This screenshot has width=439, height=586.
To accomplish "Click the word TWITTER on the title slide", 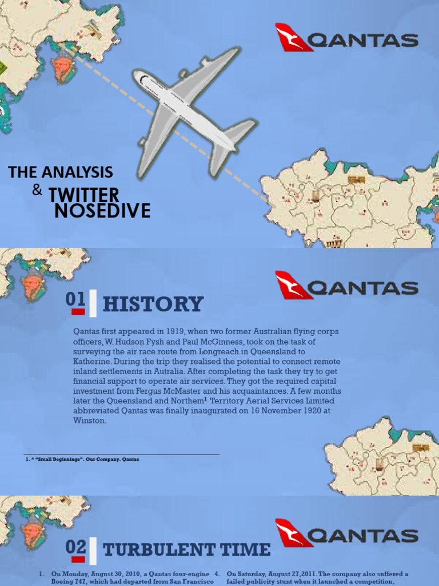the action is click(x=84, y=195).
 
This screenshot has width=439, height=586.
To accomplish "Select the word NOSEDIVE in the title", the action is click(x=102, y=211).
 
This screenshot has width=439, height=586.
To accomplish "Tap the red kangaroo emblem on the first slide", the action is click(x=294, y=38).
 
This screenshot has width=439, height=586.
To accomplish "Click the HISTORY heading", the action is click(x=153, y=304).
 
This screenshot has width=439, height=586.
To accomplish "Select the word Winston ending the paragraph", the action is click(x=90, y=421).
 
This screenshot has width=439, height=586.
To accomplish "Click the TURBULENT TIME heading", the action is click(x=186, y=550).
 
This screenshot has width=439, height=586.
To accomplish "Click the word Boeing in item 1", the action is click(x=65, y=581).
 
